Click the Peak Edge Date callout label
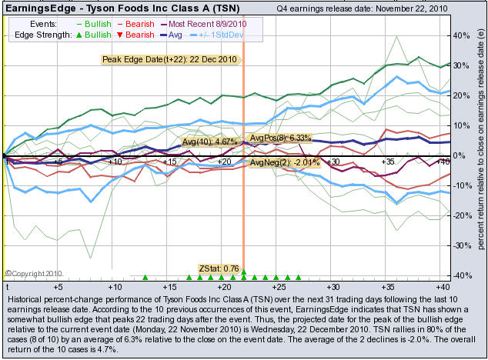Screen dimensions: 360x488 [169, 58]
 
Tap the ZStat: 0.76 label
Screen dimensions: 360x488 [219, 268]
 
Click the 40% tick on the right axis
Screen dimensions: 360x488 [459, 36]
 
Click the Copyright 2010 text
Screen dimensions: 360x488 [32, 273]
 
